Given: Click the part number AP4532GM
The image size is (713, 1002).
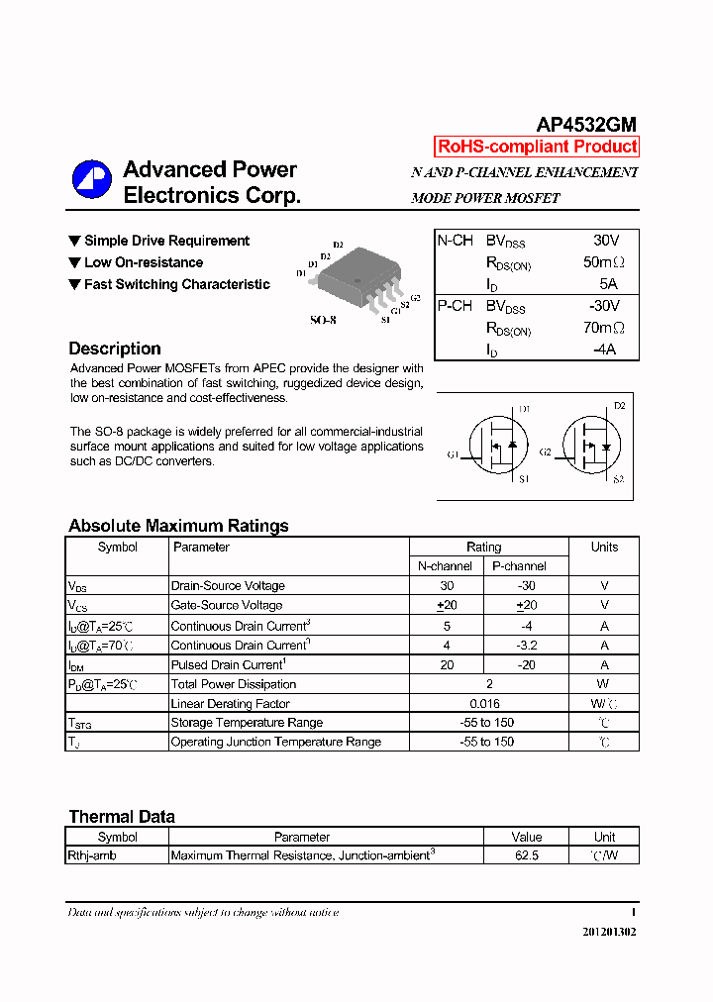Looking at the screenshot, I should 586,125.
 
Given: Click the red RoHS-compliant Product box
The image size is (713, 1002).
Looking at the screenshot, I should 537,147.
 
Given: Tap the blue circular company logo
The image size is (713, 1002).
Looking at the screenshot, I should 91,179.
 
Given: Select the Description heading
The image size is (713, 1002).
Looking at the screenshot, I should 115,349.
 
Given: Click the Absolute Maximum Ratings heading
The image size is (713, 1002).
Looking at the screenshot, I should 178,526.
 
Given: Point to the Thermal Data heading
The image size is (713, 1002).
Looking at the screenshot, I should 122,817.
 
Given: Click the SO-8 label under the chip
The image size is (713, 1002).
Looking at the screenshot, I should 323,320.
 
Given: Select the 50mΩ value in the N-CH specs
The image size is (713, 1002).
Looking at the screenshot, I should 603,262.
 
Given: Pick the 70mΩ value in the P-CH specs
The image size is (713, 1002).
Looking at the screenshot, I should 603,328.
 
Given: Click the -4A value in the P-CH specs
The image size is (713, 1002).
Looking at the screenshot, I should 604,350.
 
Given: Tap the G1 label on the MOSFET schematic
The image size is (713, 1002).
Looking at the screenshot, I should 452,454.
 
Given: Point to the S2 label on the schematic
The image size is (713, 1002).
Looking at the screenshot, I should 618,479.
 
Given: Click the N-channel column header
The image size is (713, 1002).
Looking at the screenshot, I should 445,566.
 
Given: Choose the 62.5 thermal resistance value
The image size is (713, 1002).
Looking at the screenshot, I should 527,854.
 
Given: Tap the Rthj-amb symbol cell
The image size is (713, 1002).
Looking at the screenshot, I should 92,854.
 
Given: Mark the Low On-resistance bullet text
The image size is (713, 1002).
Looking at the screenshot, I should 144,262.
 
